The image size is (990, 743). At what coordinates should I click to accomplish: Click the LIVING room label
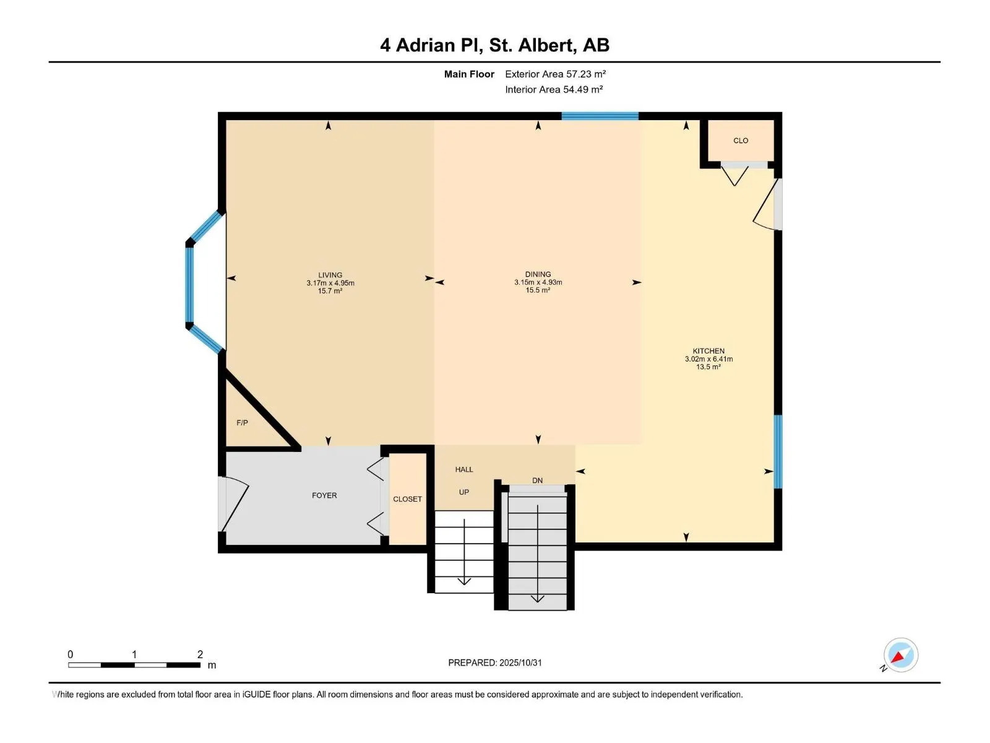tap(330, 275)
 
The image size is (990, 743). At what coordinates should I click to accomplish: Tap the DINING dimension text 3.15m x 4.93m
tap(538, 282)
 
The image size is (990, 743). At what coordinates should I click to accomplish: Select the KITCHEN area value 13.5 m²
tap(708, 367)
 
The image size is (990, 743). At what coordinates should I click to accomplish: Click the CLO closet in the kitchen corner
tap(741, 141)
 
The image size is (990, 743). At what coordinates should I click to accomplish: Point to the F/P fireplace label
tap(242, 423)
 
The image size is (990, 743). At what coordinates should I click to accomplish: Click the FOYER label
tap(324, 495)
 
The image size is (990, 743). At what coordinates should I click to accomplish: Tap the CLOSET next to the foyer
tap(407, 499)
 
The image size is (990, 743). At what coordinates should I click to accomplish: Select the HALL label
tap(464, 469)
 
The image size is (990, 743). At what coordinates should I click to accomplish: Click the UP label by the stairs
tap(464, 492)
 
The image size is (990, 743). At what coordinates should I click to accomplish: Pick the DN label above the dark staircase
tap(537, 480)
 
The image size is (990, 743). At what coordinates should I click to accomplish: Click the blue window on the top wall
tap(600, 116)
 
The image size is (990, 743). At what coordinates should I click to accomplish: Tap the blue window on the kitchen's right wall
tap(778, 451)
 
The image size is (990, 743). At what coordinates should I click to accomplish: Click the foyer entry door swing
tap(235, 503)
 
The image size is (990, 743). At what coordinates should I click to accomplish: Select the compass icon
tap(900, 655)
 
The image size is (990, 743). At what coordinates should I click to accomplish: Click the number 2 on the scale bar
tap(200, 654)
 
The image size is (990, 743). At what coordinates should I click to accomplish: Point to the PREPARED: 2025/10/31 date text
tap(495, 663)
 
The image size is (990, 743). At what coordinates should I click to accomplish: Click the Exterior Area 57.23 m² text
tap(555, 74)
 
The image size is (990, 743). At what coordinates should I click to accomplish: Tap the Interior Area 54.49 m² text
tap(554, 89)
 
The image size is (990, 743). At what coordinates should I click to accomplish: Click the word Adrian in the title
tap(424, 45)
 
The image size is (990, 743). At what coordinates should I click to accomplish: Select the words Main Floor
tap(469, 74)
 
